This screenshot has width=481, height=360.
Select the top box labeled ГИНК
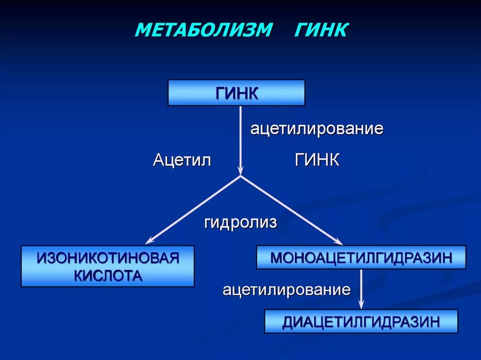click(236, 92)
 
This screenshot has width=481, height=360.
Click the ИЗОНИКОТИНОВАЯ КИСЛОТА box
click(108, 266)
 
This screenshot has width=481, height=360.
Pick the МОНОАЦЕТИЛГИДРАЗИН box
click(361, 257)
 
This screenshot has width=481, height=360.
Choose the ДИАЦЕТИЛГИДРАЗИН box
click(361, 321)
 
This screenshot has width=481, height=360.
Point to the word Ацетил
click(182, 161)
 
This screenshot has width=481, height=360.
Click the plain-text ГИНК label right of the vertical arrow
click(317, 161)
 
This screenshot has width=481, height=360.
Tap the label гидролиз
click(240, 222)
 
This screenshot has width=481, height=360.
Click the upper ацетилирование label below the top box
click(317, 129)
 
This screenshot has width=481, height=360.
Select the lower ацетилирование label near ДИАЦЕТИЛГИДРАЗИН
click(287, 290)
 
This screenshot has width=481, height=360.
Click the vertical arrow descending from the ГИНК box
click(240, 141)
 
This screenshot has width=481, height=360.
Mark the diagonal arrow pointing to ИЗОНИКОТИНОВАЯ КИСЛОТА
click(193, 210)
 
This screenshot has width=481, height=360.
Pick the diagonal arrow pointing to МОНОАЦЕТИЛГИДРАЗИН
click(291, 210)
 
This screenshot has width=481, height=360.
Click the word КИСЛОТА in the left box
click(108, 276)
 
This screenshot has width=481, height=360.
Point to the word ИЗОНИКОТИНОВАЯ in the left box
click(108, 258)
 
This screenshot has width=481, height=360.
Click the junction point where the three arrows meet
click(240, 176)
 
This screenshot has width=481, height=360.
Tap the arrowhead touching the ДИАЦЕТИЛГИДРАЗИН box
click(361, 306)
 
